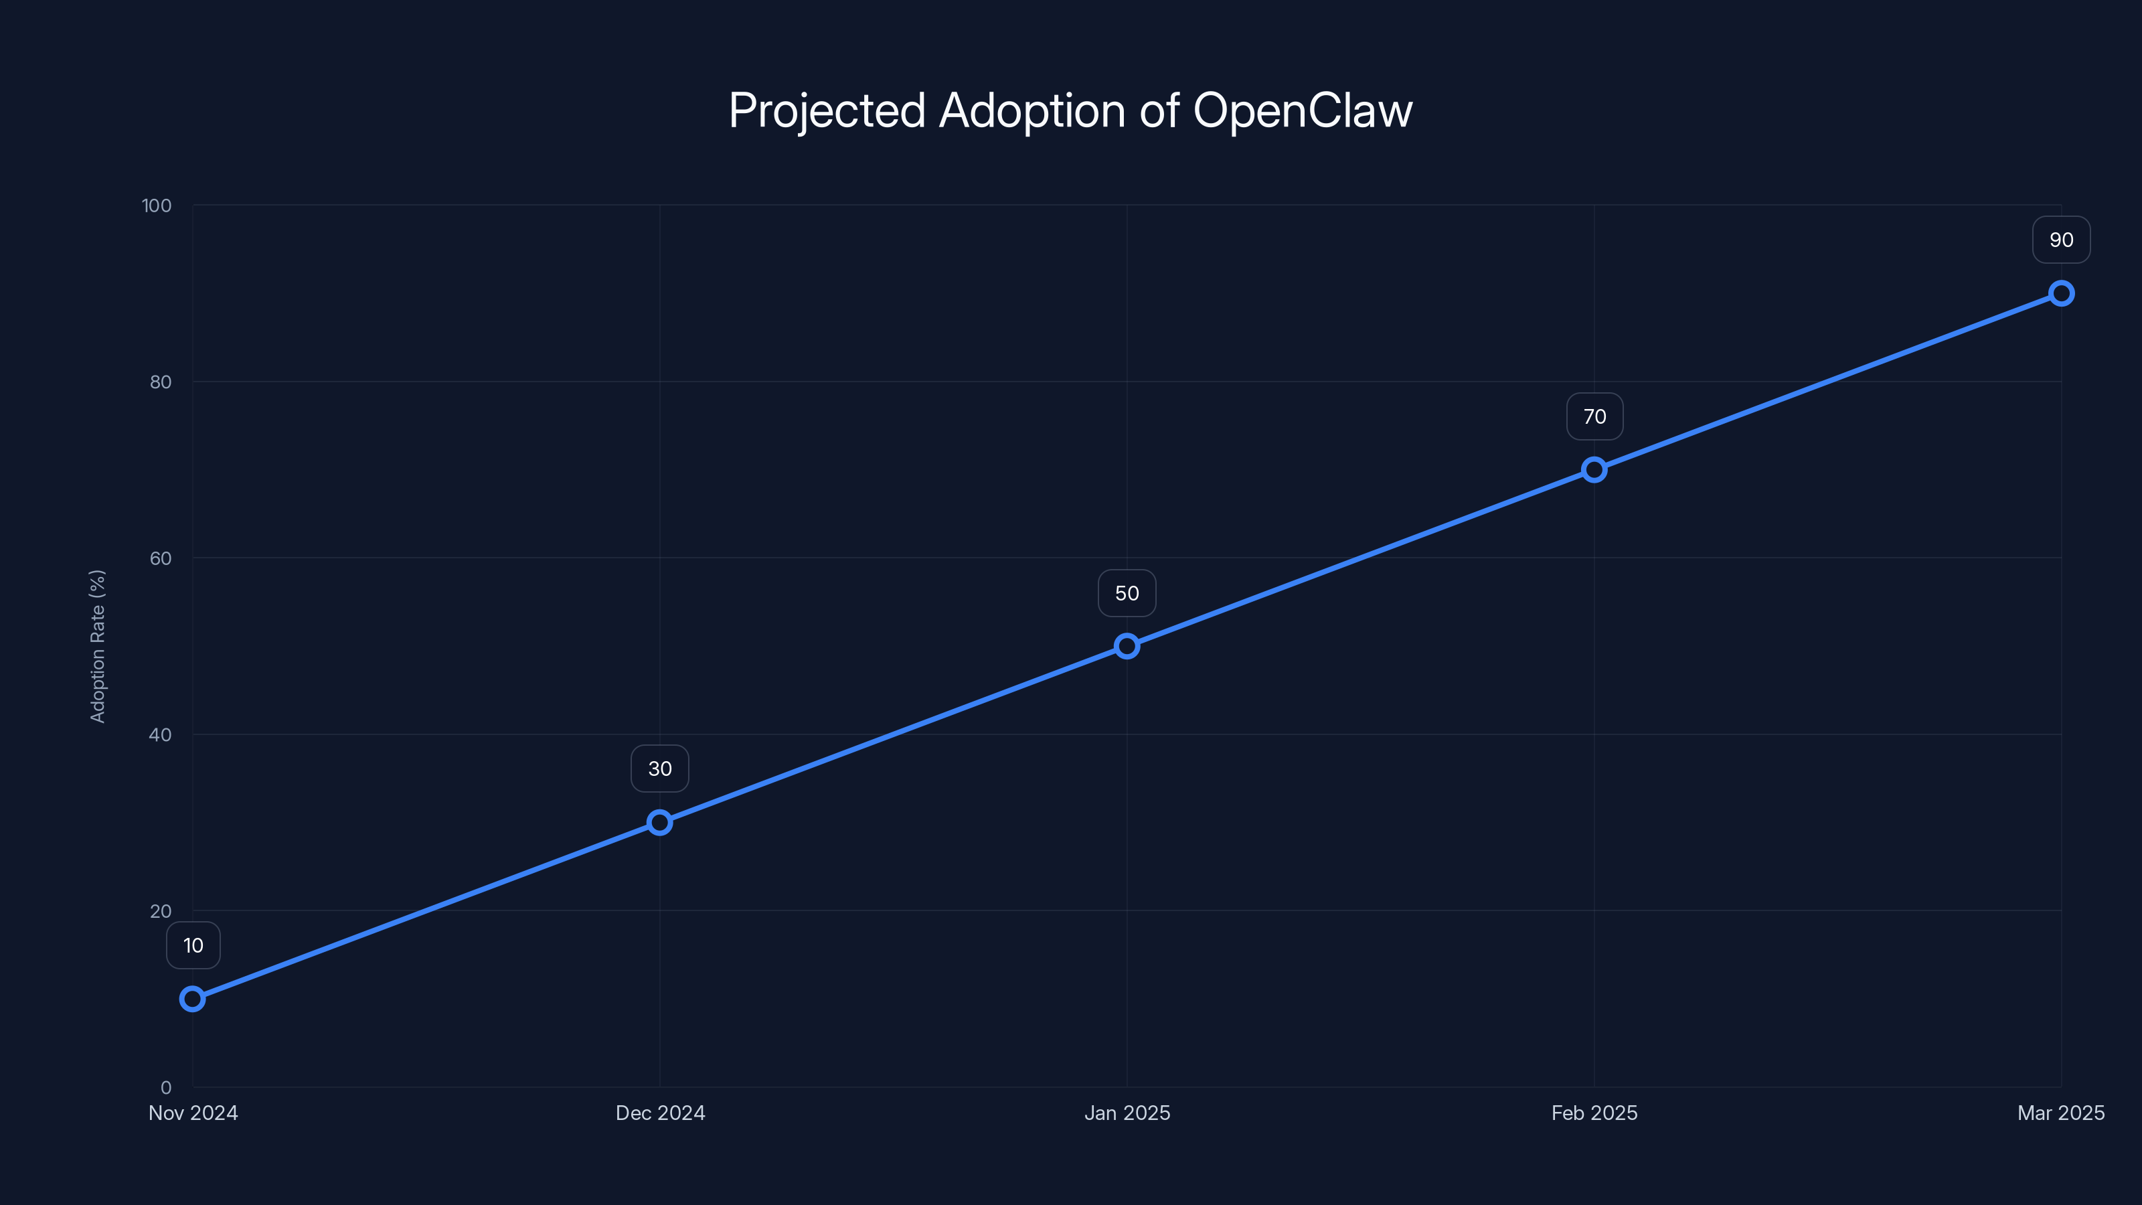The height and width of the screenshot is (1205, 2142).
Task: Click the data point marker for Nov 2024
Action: (x=193, y=999)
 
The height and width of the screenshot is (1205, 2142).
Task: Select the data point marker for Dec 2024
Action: (x=659, y=823)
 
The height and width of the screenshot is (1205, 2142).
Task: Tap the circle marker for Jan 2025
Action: (x=1127, y=646)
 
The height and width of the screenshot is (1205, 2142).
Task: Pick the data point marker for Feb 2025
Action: (x=1594, y=470)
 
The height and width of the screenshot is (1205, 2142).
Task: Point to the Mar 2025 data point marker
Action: (x=2062, y=294)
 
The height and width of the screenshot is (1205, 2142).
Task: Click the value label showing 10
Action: (x=193, y=945)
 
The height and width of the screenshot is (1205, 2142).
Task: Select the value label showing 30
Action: (x=659, y=769)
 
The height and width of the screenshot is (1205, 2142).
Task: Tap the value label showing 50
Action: (x=1127, y=593)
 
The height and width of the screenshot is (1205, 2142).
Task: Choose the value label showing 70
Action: (x=1594, y=416)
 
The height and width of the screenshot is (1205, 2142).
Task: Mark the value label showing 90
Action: (x=2062, y=240)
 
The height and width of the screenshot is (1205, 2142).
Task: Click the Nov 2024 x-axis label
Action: (x=193, y=1113)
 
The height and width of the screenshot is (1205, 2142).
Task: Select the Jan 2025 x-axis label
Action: (x=1127, y=1113)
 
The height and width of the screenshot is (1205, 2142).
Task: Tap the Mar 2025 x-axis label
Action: (x=2060, y=1113)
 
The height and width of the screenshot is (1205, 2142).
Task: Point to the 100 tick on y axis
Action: (x=157, y=206)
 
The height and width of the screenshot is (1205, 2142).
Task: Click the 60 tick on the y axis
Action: (x=161, y=558)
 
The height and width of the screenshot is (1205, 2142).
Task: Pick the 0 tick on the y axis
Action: (x=165, y=1087)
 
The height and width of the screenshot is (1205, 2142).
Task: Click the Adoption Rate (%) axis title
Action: (x=97, y=646)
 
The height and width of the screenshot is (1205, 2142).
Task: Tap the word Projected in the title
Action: (x=827, y=110)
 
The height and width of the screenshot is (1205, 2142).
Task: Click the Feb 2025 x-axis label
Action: (x=1594, y=1113)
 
